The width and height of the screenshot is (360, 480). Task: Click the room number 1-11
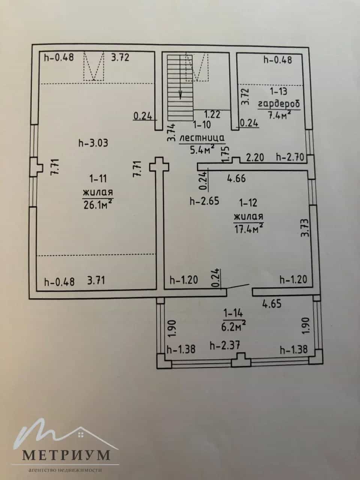pos(98,178)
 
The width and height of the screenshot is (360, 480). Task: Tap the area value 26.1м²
pos(98,204)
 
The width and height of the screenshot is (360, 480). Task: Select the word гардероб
pos(279,105)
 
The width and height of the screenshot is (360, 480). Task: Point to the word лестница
pos(202,138)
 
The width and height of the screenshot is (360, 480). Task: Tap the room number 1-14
pos(233,313)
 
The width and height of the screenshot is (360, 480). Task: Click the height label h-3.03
pos(93,143)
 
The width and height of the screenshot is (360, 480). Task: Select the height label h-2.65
pos(204,201)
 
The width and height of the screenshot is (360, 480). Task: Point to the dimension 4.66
pos(236,178)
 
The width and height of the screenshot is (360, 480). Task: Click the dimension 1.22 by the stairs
pos(212,114)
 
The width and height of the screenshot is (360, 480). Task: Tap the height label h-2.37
pos(225,346)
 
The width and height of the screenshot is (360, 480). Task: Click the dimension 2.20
pos(255,157)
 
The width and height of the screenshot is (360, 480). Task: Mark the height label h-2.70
pos(290,157)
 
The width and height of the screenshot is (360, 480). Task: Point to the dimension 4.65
pos(272,304)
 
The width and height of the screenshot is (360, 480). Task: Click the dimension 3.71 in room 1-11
pos(96,280)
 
